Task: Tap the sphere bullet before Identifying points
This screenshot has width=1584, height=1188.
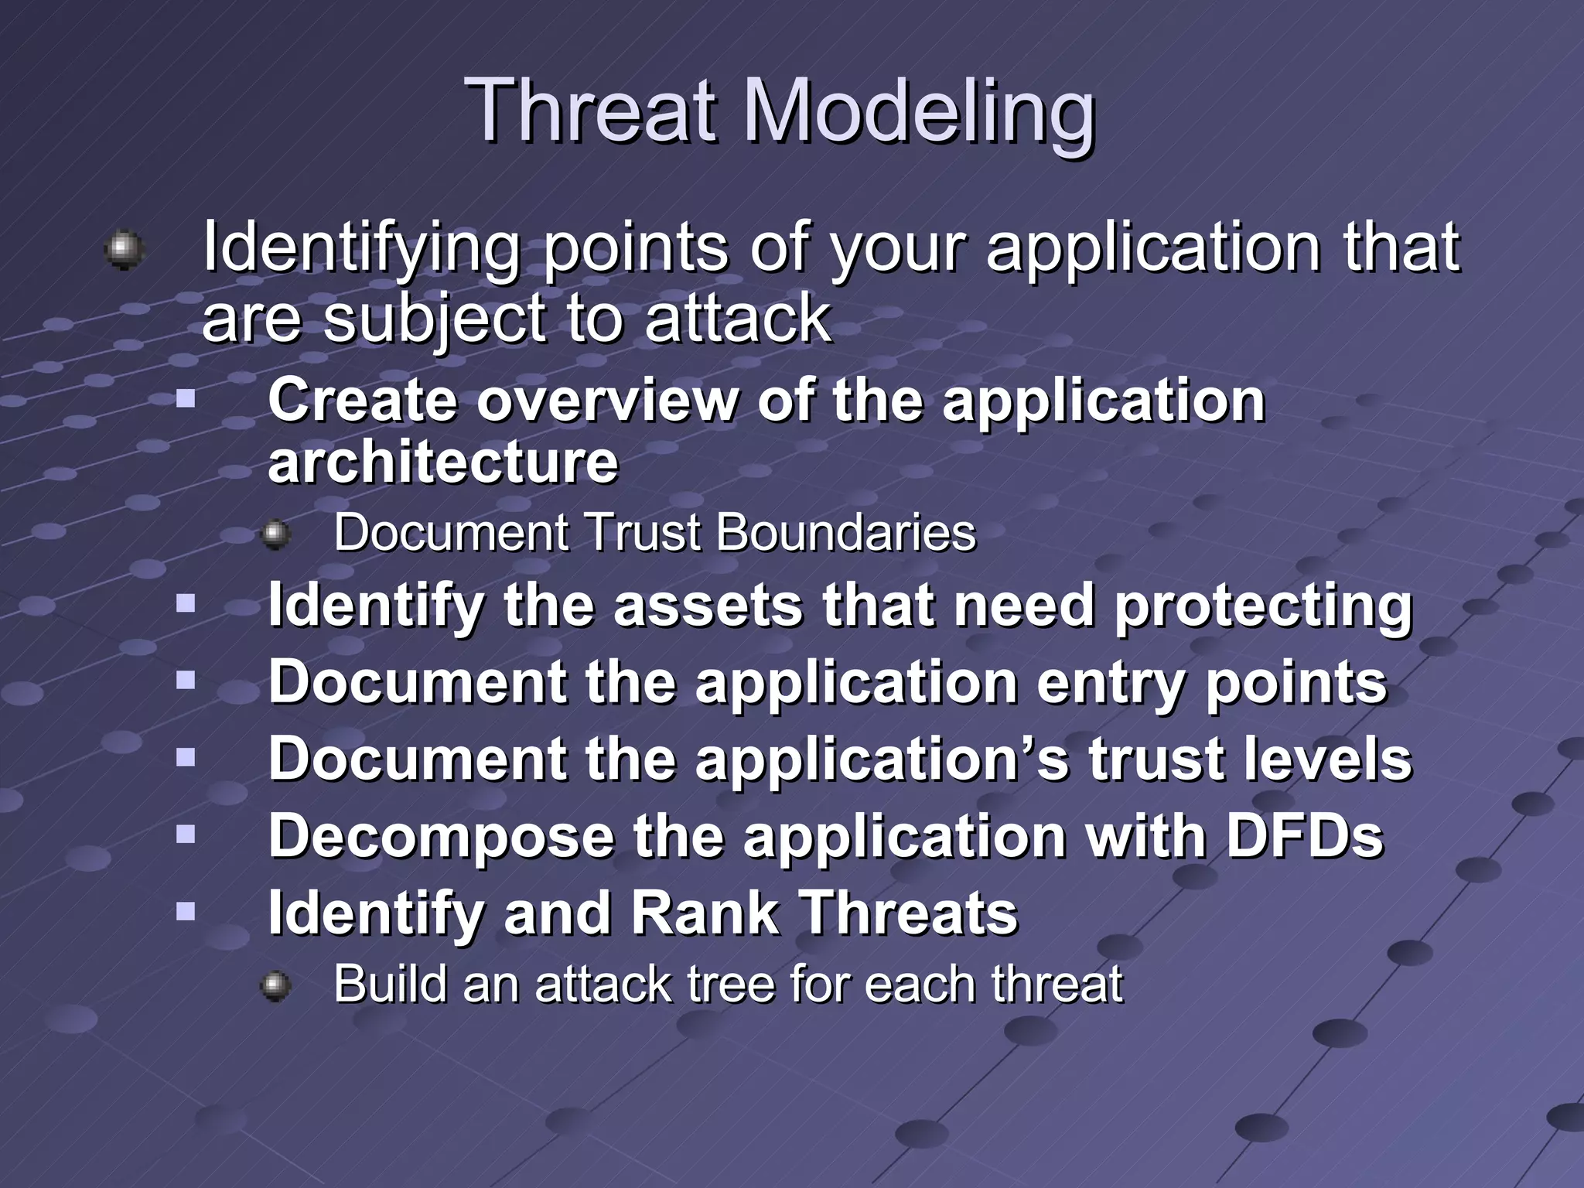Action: coord(124,250)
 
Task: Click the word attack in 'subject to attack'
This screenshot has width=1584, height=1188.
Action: coord(737,318)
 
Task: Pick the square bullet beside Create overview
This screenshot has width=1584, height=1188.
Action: coord(186,399)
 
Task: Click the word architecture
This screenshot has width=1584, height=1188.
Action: coord(443,462)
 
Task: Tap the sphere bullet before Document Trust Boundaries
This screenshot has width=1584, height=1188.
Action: coord(275,534)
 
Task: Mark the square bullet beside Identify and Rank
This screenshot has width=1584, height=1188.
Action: coord(186,911)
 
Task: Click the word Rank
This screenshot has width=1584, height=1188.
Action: coord(705,913)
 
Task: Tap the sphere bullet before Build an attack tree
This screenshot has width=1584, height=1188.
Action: coord(275,986)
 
